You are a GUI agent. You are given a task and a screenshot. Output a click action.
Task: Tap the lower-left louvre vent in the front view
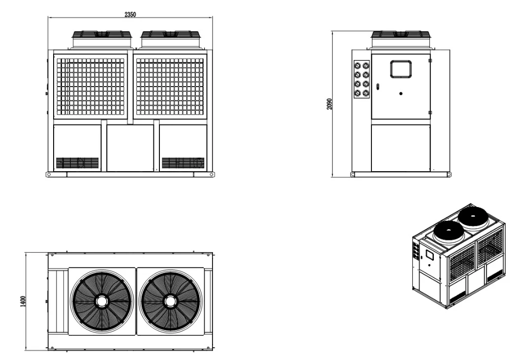[77, 162]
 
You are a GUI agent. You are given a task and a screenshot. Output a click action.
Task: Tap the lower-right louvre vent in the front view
[183, 162]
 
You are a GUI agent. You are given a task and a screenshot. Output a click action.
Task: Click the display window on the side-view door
[400, 69]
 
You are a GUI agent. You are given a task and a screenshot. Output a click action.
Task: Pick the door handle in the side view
[378, 87]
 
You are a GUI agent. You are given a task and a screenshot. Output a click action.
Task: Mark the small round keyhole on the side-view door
[400, 93]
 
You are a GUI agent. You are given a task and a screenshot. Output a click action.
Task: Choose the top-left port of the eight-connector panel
[358, 65]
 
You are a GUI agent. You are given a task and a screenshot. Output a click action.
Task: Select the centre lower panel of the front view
[130, 148]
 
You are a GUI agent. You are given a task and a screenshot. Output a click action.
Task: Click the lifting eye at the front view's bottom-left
[48, 174]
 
